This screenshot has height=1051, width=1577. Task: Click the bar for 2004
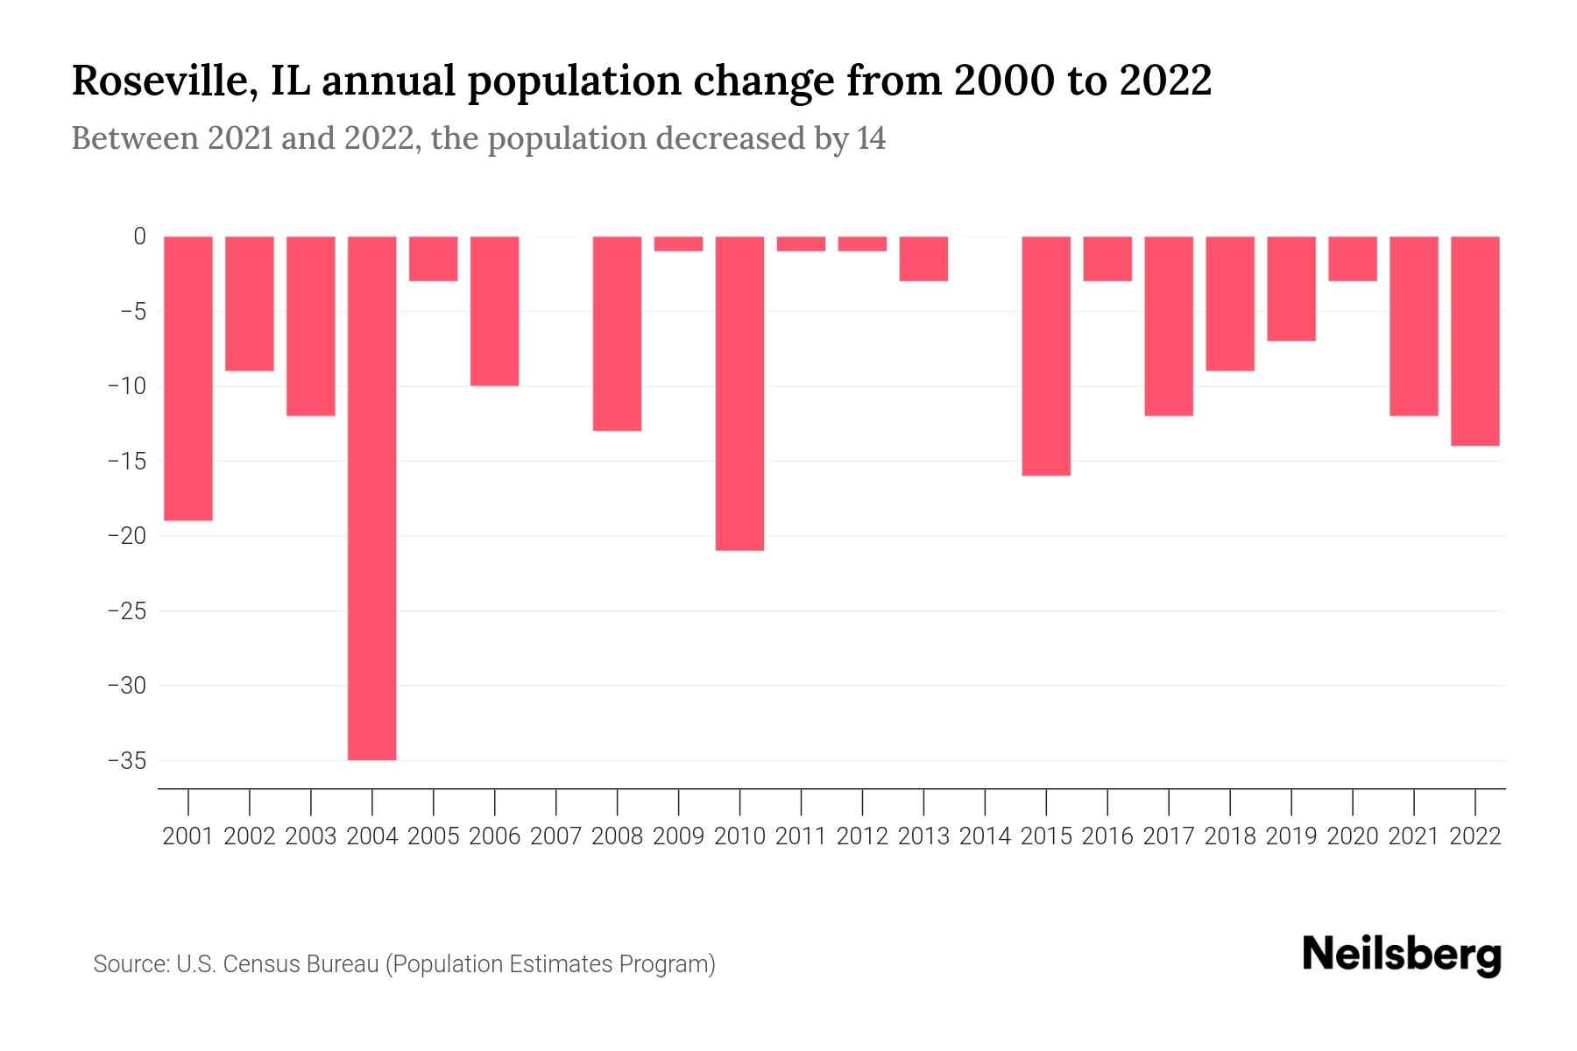371,497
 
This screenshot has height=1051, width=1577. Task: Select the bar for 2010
739,393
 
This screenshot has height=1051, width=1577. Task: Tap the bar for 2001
188,378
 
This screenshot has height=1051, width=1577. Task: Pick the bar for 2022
1475,341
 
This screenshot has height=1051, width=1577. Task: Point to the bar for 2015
1046,356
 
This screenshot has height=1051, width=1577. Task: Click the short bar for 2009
678,243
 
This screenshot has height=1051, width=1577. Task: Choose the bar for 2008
617,333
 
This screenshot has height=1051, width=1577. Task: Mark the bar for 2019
1291,288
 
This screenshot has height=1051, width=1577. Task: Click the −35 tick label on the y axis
127,760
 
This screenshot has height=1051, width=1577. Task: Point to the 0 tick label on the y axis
139,236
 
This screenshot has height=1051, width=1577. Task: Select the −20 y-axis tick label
127,536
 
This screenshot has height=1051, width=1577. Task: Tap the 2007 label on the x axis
555,836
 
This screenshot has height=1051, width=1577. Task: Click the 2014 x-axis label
985,836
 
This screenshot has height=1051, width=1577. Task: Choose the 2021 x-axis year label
1414,836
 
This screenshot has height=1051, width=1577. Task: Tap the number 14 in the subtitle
871,138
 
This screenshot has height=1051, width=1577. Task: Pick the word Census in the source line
261,964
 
